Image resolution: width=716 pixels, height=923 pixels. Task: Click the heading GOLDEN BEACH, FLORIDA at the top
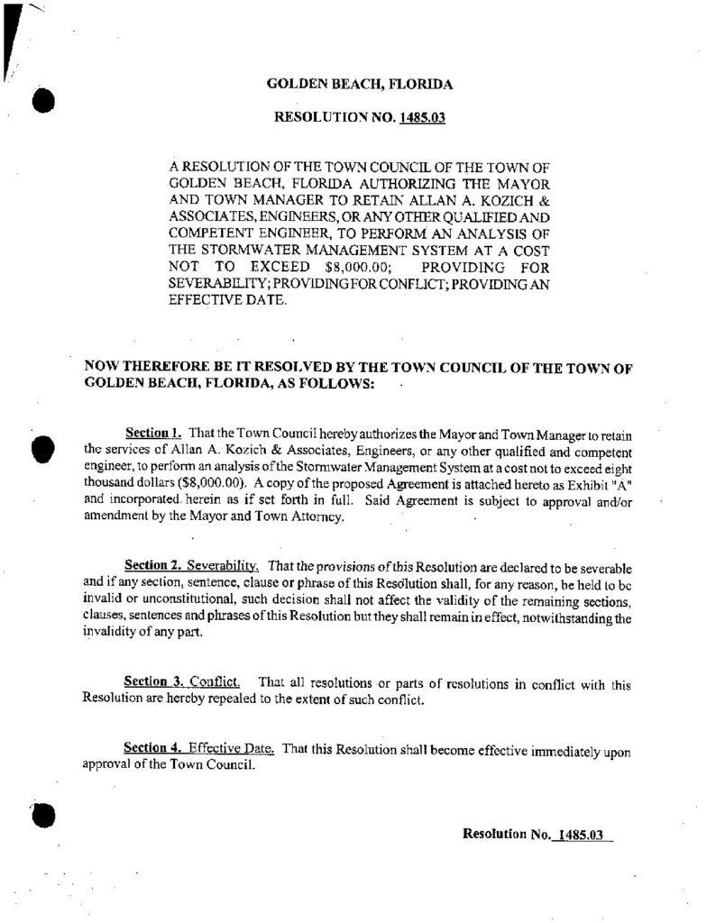click(x=360, y=85)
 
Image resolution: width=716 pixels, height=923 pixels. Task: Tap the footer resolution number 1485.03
click(x=579, y=835)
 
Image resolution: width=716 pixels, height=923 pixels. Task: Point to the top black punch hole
click(x=41, y=98)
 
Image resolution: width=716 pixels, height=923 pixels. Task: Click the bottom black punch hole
click(x=42, y=813)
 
